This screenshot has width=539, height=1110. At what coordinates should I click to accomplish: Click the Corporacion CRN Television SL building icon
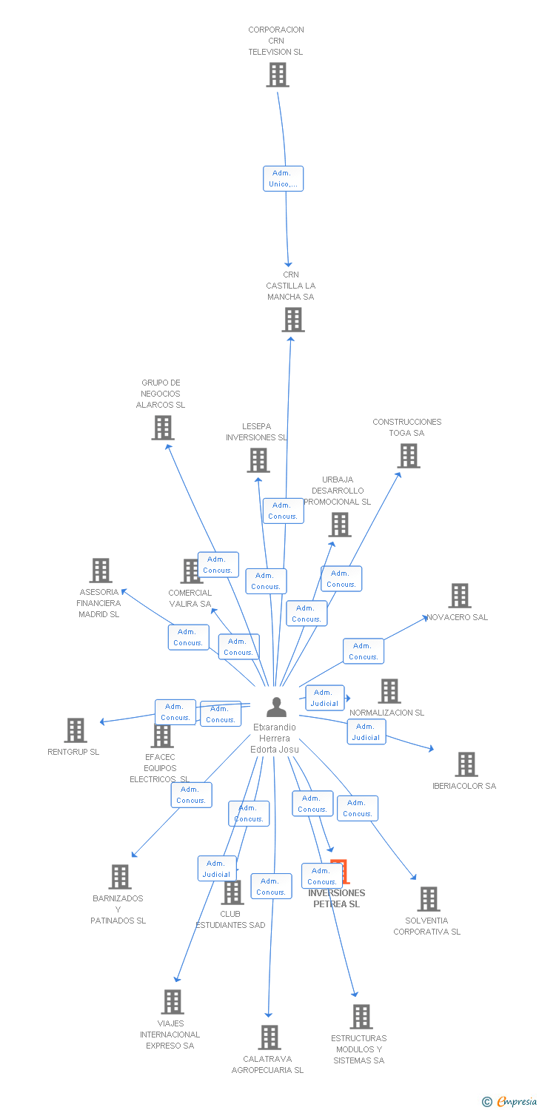(277, 75)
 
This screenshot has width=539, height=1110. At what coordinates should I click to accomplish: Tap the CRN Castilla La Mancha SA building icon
(293, 320)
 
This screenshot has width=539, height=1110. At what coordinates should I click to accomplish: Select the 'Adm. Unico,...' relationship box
(284, 178)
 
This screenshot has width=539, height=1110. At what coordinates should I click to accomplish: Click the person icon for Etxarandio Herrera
(276, 707)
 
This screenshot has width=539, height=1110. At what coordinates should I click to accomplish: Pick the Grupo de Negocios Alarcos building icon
(163, 428)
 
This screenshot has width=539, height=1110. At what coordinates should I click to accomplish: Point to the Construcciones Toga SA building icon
(409, 456)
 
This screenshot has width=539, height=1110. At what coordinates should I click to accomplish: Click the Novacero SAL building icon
(459, 596)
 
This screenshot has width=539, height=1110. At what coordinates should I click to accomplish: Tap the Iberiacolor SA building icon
(466, 764)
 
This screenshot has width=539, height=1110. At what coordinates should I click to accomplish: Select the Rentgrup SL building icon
(75, 730)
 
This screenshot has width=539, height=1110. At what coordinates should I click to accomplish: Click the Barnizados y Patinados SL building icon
(119, 877)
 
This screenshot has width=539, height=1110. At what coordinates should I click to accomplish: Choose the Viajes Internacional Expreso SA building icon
(173, 1002)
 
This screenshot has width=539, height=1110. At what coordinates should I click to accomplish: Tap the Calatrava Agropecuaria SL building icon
(269, 1037)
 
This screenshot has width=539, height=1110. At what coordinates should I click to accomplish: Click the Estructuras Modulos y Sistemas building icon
(361, 1017)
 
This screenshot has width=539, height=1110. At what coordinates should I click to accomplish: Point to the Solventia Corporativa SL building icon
(428, 899)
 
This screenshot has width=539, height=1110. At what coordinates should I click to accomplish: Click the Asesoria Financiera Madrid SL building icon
(101, 571)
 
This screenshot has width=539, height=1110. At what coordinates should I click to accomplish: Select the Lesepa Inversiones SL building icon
(258, 460)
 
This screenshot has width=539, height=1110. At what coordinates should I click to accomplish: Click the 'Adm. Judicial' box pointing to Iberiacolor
(366, 732)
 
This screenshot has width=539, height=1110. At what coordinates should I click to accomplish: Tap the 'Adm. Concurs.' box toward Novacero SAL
(363, 651)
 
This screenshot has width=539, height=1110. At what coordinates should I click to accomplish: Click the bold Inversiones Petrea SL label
(336, 898)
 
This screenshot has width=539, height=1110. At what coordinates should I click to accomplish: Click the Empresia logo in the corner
(510, 1102)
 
